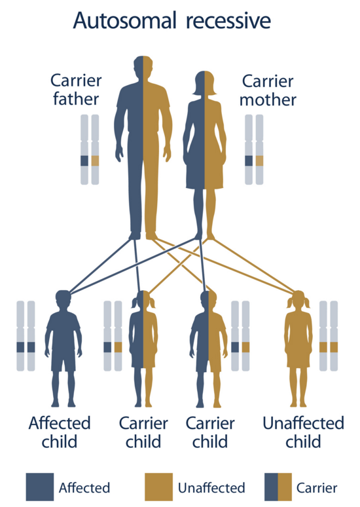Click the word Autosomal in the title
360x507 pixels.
125,20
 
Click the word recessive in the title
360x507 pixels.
228,21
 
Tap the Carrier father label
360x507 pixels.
76,90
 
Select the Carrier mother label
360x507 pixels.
268,90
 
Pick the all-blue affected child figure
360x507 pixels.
63,348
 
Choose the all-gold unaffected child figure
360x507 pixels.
298,348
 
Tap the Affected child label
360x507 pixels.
60,432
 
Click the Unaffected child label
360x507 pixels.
303,432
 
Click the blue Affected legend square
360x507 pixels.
40,487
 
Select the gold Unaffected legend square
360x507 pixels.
158,487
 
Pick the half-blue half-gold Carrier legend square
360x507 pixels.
278,487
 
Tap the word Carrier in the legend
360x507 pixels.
317,487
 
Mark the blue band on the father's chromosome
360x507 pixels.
84,160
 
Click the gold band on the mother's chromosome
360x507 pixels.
259,160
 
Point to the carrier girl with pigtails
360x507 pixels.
143,348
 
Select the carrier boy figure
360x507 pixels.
208,348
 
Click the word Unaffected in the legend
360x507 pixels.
211,487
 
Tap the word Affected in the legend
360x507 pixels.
84,487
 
